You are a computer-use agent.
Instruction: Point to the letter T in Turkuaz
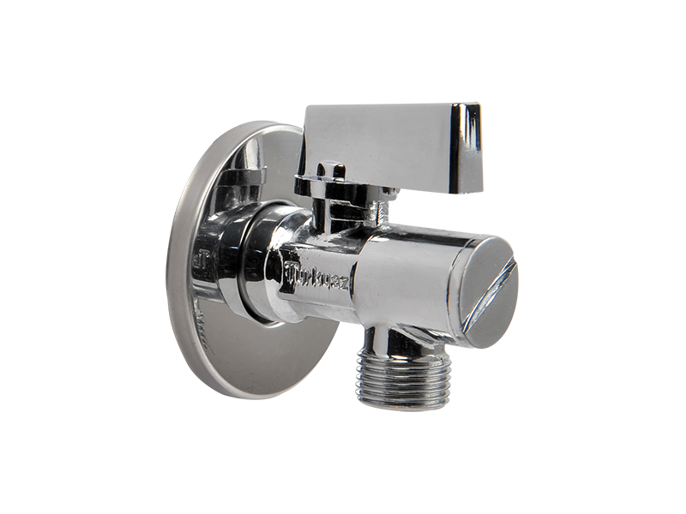[x=291, y=276]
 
